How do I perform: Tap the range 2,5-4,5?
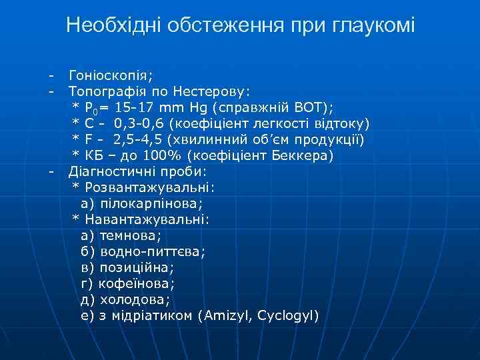pyautogui.click(x=137, y=139)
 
